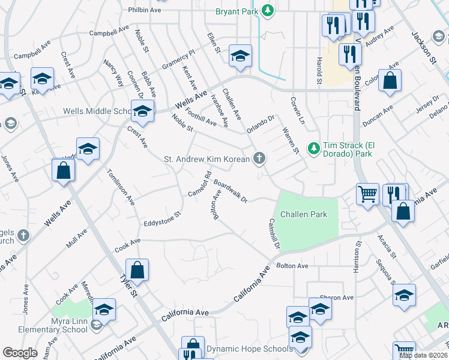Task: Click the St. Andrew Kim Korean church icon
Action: [x=260, y=158]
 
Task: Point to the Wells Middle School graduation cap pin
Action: [x=143, y=111]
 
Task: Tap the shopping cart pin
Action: [x=367, y=194]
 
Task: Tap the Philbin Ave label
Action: [x=145, y=10]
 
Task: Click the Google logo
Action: [x=20, y=353]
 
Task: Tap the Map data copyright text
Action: [x=423, y=355]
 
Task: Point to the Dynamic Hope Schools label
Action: [x=249, y=348]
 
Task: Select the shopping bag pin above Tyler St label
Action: [x=137, y=271]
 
